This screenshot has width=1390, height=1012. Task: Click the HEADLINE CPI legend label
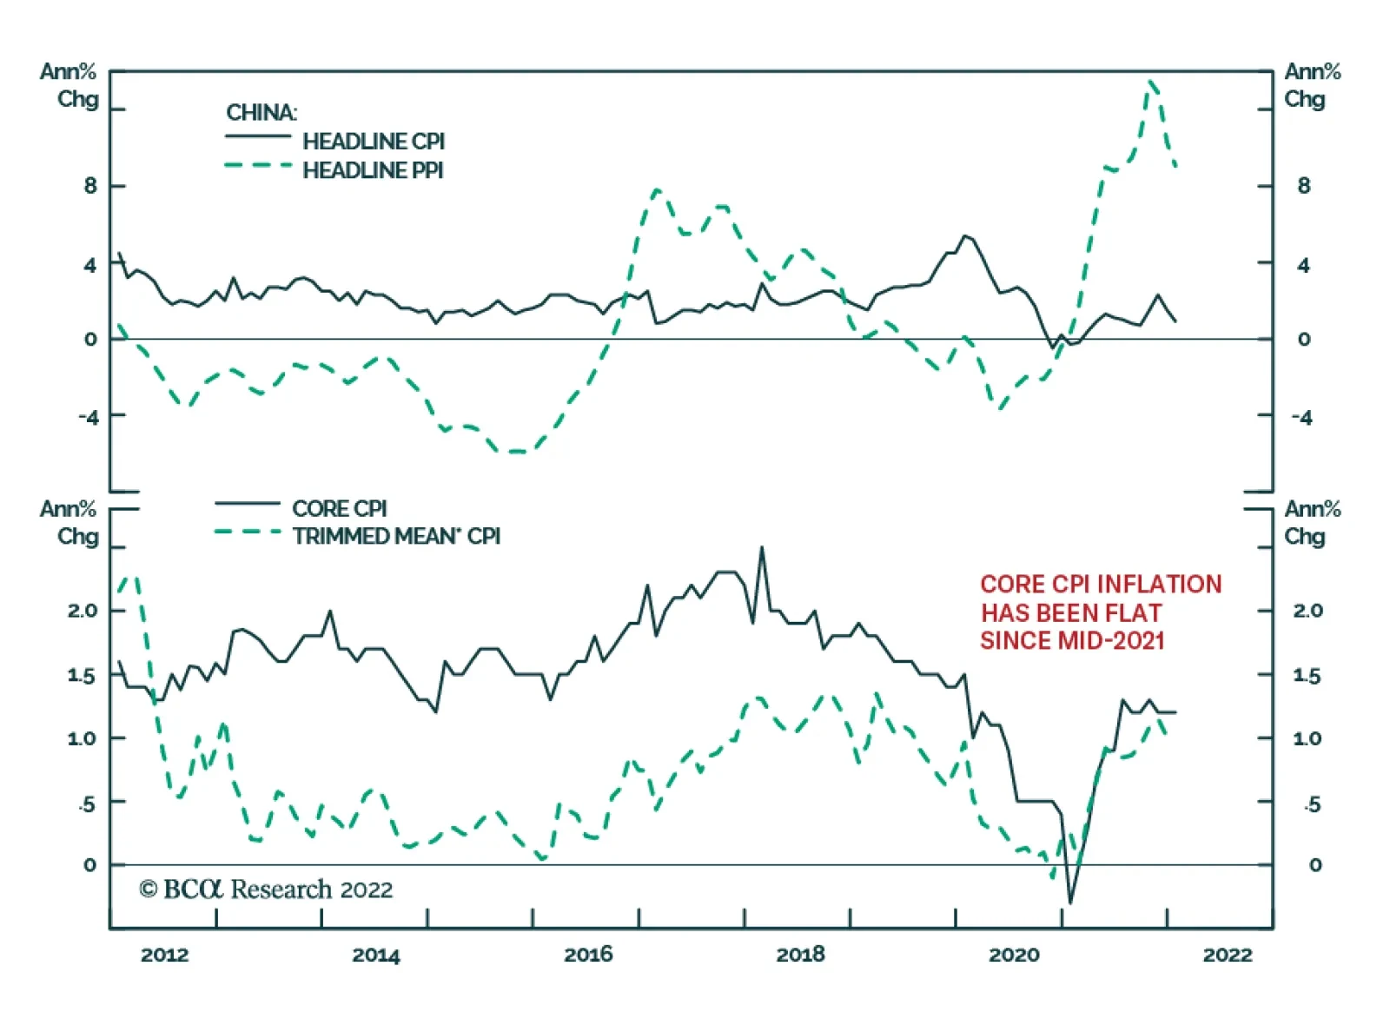pos(374,141)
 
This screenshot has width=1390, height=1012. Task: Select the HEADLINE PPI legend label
pos(373,170)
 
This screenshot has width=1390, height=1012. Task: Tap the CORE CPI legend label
pos(340,508)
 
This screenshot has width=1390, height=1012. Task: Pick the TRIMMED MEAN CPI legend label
pos(396,536)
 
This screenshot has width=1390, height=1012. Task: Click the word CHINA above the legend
pos(261,113)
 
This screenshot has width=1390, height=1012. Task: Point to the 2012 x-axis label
pos(164,955)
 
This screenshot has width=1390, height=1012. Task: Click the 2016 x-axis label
pos(588,955)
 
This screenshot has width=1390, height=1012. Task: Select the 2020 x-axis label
pos(1014,955)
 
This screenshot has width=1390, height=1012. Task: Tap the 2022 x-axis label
pos(1227,955)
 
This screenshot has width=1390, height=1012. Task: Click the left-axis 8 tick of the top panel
pos(90,185)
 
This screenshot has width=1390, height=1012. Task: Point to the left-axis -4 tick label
pos(88,417)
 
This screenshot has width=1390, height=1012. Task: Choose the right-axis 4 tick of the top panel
pos(1303,265)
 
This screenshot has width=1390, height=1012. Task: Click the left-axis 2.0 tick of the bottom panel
pos(83,611)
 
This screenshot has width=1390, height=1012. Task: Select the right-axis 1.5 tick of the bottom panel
pos(1307,676)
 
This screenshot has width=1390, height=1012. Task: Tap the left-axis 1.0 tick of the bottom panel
pos(83,738)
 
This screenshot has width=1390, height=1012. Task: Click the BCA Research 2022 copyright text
pos(266,890)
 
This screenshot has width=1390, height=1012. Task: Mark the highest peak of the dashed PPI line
pos(1151,82)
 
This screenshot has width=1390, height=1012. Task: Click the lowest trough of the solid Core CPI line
pos(1070,903)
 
